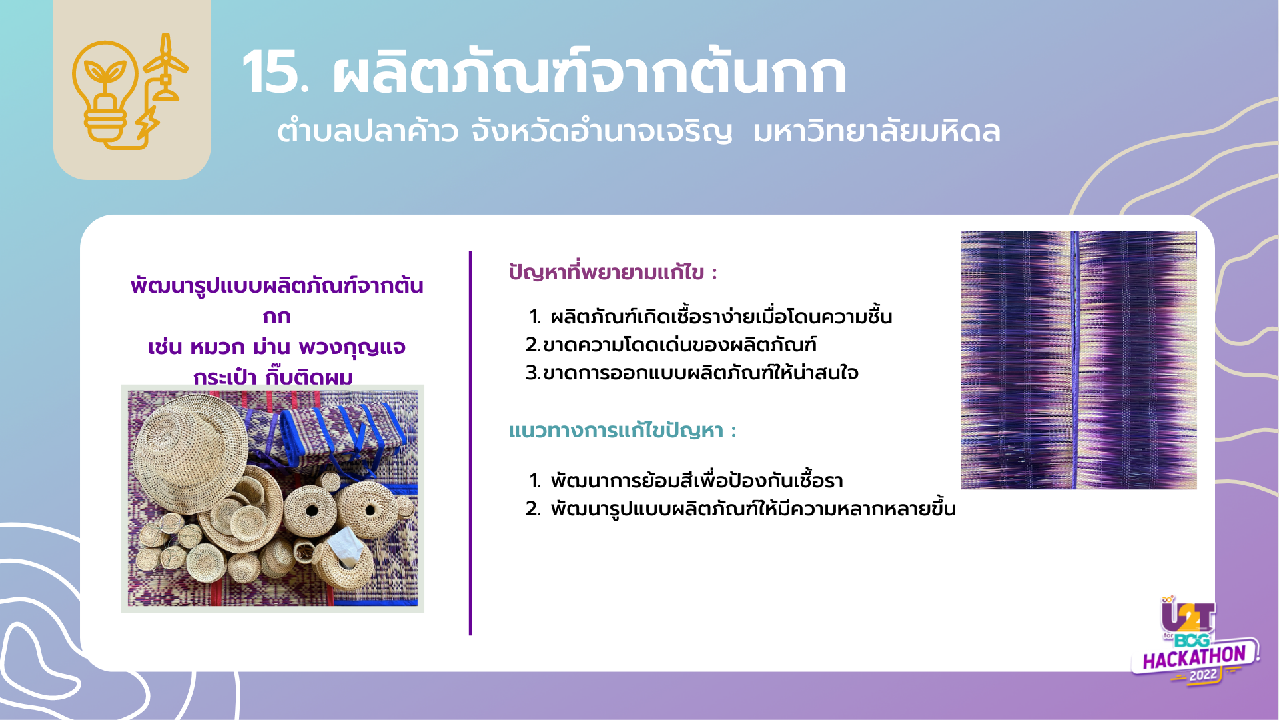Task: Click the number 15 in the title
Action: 274,73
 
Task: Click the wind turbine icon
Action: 165,66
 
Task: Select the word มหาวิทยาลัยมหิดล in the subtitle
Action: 877,131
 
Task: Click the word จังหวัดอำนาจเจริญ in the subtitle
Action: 602,131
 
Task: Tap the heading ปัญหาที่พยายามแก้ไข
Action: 612,272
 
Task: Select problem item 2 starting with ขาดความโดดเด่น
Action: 671,345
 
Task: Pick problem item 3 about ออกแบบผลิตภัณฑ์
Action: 691,373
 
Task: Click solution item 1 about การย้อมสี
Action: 686,481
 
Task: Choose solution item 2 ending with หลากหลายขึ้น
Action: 741,509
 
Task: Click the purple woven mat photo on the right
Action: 1078,360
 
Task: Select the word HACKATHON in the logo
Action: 1194,658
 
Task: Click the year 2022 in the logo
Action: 1203,675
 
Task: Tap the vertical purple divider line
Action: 470,443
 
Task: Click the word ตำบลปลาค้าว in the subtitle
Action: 368,131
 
